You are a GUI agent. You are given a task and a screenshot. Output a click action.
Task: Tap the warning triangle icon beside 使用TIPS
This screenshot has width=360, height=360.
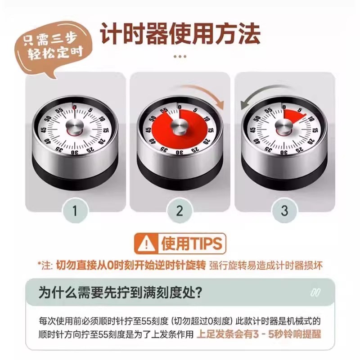[x=146, y=244]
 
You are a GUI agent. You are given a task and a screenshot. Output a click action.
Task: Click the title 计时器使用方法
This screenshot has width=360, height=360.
[x=180, y=33]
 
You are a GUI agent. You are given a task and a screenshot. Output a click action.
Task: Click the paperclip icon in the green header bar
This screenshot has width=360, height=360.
[x=315, y=292]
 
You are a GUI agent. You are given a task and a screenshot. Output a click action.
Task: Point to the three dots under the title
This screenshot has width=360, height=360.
[x=180, y=57]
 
